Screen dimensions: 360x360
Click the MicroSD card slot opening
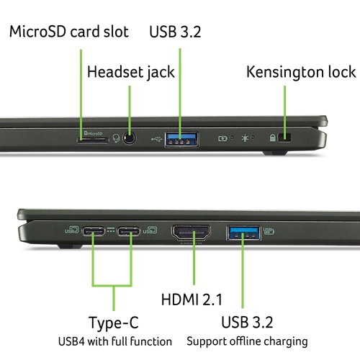(x=93, y=140)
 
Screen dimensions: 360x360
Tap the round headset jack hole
(x=130, y=138)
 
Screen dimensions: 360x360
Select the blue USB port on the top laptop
(x=181, y=139)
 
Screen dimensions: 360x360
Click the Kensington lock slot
(x=284, y=138)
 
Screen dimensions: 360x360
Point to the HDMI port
(x=191, y=233)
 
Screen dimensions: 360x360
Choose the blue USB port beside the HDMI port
(x=243, y=233)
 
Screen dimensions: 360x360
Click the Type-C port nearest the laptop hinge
(x=94, y=232)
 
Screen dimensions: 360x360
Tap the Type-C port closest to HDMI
(x=128, y=232)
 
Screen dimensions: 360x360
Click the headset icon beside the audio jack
(x=116, y=138)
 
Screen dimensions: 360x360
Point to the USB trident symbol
(x=157, y=139)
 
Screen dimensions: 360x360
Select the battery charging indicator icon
(x=222, y=138)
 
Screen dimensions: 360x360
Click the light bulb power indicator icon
(x=245, y=138)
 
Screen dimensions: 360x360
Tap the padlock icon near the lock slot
(x=272, y=138)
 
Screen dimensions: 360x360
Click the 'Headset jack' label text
(x=131, y=72)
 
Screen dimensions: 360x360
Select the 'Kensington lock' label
(x=301, y=72)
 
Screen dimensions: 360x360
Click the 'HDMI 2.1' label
(x=192, y=300)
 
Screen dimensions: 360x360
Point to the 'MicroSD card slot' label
(x=69, y=32)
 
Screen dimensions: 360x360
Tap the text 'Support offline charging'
(x=247, y=341)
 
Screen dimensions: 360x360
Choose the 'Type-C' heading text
(x=114, y=323)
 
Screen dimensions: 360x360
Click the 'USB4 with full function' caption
(x=115, y=341)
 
